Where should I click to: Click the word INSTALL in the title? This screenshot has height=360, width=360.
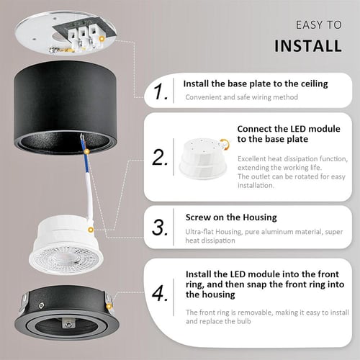pos(308,46)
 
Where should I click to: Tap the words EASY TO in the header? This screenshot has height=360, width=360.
pos(318,24)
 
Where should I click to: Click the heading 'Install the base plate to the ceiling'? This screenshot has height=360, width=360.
pos(255,84)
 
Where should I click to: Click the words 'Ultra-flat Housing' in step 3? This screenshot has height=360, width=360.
pos(211,231)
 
